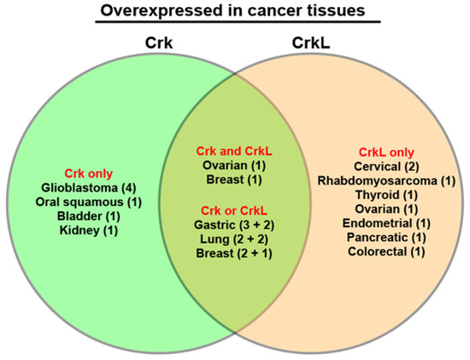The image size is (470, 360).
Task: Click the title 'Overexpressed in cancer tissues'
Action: [x=234, y=12]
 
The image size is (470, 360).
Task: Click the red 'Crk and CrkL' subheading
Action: [x=234, y=150]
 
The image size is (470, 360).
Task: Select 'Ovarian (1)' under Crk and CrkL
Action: [x=234, y=165]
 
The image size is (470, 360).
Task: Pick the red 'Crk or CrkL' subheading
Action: [x=234, y=210]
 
